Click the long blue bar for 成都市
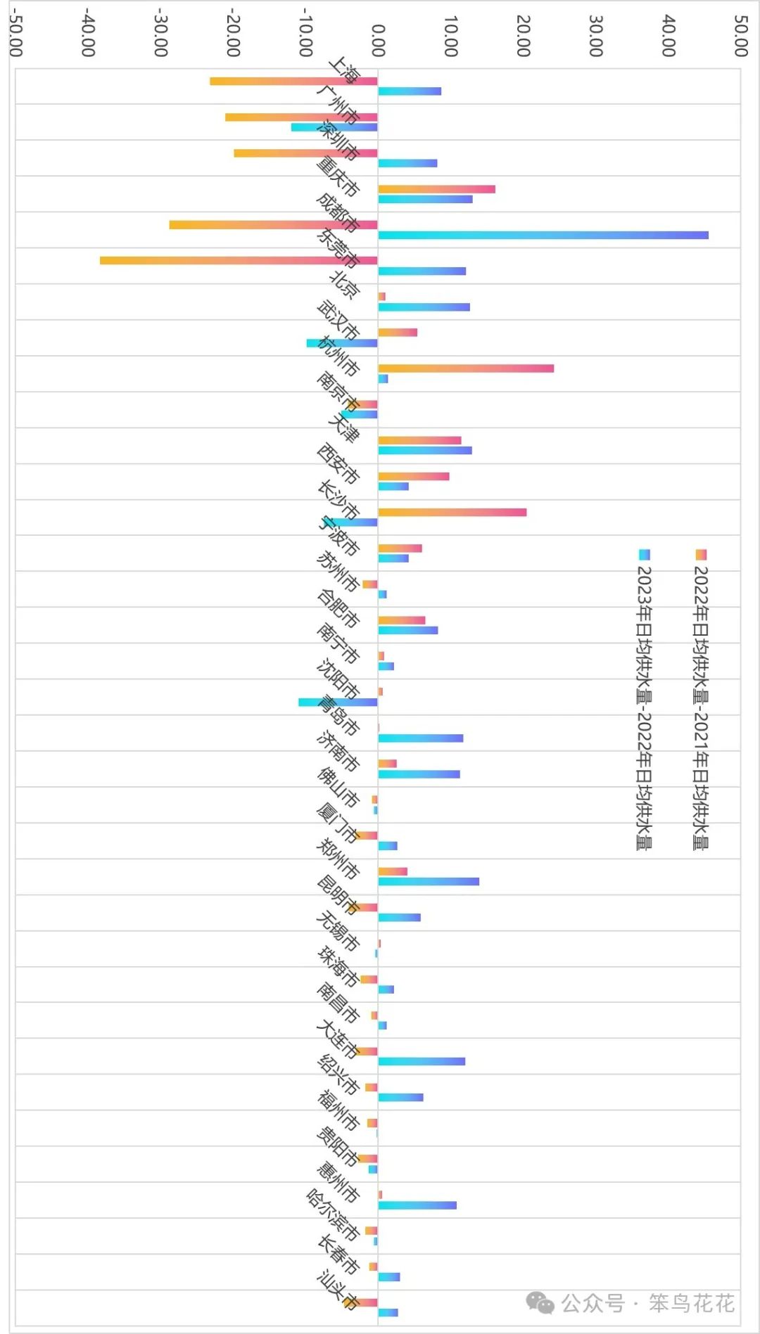tap(543, 235)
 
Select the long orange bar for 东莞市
tap(239, 260)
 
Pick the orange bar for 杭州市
tap(465, 368)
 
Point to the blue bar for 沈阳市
tap(338, 702)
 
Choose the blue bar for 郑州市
tap(429, 881)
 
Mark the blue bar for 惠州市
tap(417, 1205)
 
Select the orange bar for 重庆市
tap(436, 189)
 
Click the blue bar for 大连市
tap(422, 1061)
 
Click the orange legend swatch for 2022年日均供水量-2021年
tap(701, 555)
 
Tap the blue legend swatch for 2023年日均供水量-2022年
tap(644, 555)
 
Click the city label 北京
tap(345, 284)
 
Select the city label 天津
tap(344, 428)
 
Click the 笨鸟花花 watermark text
tap(691, 1303)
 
